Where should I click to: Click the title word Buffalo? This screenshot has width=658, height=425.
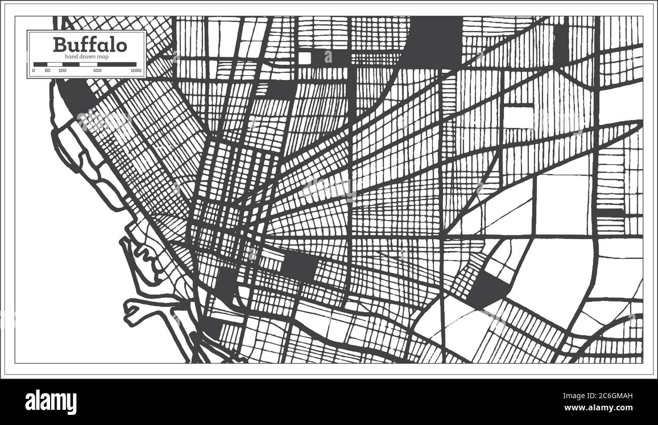tap(90, 45)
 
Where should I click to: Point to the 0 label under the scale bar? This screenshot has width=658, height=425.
tap(33, 71)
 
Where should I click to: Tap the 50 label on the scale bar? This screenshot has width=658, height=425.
tap(47, 71)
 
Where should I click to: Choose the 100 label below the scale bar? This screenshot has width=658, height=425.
tap(62, 71)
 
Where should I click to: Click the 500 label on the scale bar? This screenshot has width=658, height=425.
tap(97, 71)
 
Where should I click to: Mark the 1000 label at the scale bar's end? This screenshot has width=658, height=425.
tap(135, 71)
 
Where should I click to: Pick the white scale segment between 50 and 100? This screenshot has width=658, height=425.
tap(54, 64)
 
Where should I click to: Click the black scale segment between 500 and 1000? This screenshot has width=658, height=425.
tap(117, 64)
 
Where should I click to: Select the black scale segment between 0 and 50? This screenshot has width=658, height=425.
tap(40, 64)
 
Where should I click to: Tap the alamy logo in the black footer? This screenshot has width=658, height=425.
tap(52, 401)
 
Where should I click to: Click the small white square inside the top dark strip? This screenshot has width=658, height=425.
tap(304, 58)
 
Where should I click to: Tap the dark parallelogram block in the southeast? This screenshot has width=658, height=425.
tap(489, 290)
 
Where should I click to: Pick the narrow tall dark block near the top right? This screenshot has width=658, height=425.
tap(560, 45)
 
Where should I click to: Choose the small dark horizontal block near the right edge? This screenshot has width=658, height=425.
tap(610, 213)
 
